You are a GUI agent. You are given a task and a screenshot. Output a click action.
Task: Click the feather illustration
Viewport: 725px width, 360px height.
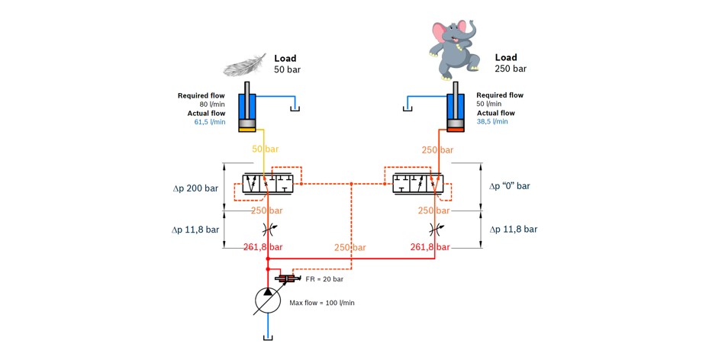point(245,65)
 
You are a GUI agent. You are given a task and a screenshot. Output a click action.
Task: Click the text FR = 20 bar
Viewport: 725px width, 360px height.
point(324,279)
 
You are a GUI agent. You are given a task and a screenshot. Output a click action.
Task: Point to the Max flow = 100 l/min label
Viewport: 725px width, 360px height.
point(322,303)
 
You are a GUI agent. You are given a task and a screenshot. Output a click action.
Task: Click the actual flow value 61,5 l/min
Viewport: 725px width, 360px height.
point(210,122)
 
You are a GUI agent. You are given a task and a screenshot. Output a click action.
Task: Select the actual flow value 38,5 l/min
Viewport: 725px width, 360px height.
point(492,121)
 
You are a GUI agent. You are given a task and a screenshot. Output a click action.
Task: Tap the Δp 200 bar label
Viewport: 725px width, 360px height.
point(195,188)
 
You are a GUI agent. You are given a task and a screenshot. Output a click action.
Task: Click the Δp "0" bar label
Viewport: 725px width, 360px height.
point(510,186)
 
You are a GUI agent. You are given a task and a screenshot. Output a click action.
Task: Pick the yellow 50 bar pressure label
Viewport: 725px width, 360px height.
point(266,149)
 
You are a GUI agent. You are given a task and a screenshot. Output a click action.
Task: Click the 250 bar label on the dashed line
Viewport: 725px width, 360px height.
point(350,248)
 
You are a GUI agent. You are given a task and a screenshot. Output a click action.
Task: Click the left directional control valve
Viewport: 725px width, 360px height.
point(268,184)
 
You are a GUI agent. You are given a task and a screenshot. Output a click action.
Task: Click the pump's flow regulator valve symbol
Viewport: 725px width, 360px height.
point(285,278)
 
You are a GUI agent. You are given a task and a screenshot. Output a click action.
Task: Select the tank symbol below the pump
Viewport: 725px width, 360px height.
point(268,338)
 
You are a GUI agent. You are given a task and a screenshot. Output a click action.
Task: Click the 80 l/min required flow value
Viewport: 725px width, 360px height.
point(212,104)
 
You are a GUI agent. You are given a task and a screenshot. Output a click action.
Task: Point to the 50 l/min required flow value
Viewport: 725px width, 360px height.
point(489,104)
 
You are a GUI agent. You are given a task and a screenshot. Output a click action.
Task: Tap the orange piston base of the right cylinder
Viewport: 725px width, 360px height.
point(455,130)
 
